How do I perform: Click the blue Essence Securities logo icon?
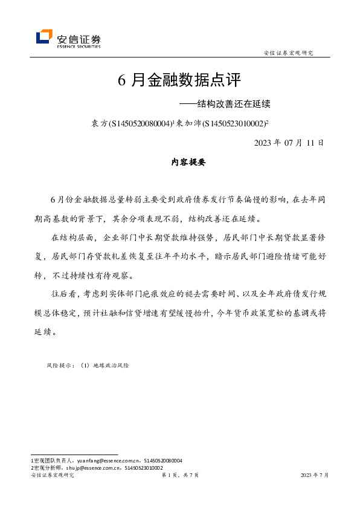44,37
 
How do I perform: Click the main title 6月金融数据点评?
179,80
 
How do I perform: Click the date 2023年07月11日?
289,143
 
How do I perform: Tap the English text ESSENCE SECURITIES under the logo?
78,45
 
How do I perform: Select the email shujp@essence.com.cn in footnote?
97,467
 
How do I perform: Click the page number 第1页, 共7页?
179,476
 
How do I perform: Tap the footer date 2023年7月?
315,476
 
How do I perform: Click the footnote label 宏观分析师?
48,467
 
